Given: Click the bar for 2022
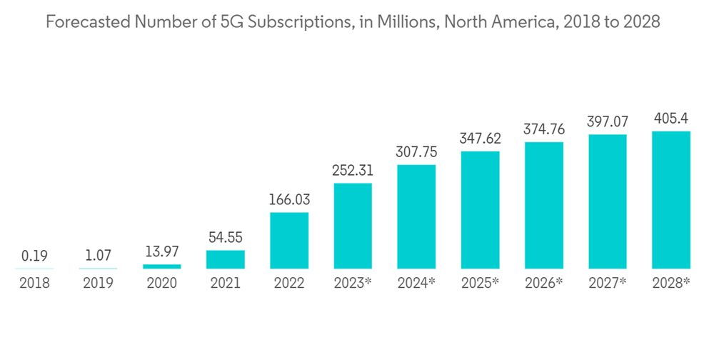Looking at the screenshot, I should click(x=289, y=241).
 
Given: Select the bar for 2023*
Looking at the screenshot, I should click(x=353, y=226).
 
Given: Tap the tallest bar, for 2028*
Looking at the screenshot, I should click(x=671, y=200).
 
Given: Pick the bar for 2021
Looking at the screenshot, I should click(x=226, y=259).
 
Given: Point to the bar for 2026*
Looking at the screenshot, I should click(x=544, y=205).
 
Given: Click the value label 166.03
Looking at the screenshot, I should click(x=289, y=200).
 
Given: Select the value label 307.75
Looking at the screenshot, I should click(x=416, y=152).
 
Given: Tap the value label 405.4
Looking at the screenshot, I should click(x=671, y=119).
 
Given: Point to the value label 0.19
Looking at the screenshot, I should click(x=34, y=256).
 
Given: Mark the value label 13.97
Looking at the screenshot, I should click(x=162, y=251).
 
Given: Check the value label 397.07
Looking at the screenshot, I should click(x=608, y=122).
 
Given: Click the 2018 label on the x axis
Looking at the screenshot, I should click(x=34, y=283).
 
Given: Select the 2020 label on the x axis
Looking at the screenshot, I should click(x=162, y=283).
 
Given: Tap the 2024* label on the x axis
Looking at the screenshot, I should click(x=416, y=283).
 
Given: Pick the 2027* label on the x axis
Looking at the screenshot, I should click(x=608, y=283).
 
